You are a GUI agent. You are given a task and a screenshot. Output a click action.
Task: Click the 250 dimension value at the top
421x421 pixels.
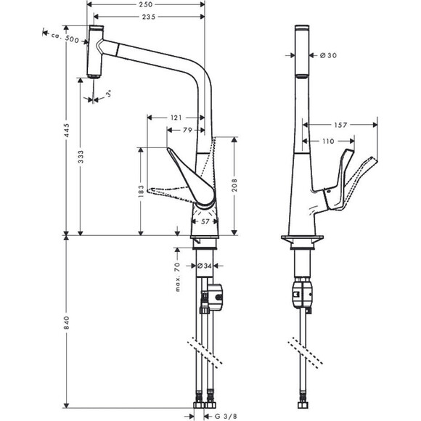(145, 5)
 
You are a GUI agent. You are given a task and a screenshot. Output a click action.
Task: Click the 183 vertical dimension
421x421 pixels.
(140, 190)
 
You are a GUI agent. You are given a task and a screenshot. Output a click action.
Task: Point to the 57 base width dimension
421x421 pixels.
(205, 221)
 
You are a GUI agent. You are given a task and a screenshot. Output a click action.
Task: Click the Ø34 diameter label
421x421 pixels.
(206, 266)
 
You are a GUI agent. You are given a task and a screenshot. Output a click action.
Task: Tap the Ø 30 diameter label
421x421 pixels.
(326, 56)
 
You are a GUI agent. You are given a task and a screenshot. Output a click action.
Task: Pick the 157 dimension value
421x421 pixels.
(340, 125)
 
